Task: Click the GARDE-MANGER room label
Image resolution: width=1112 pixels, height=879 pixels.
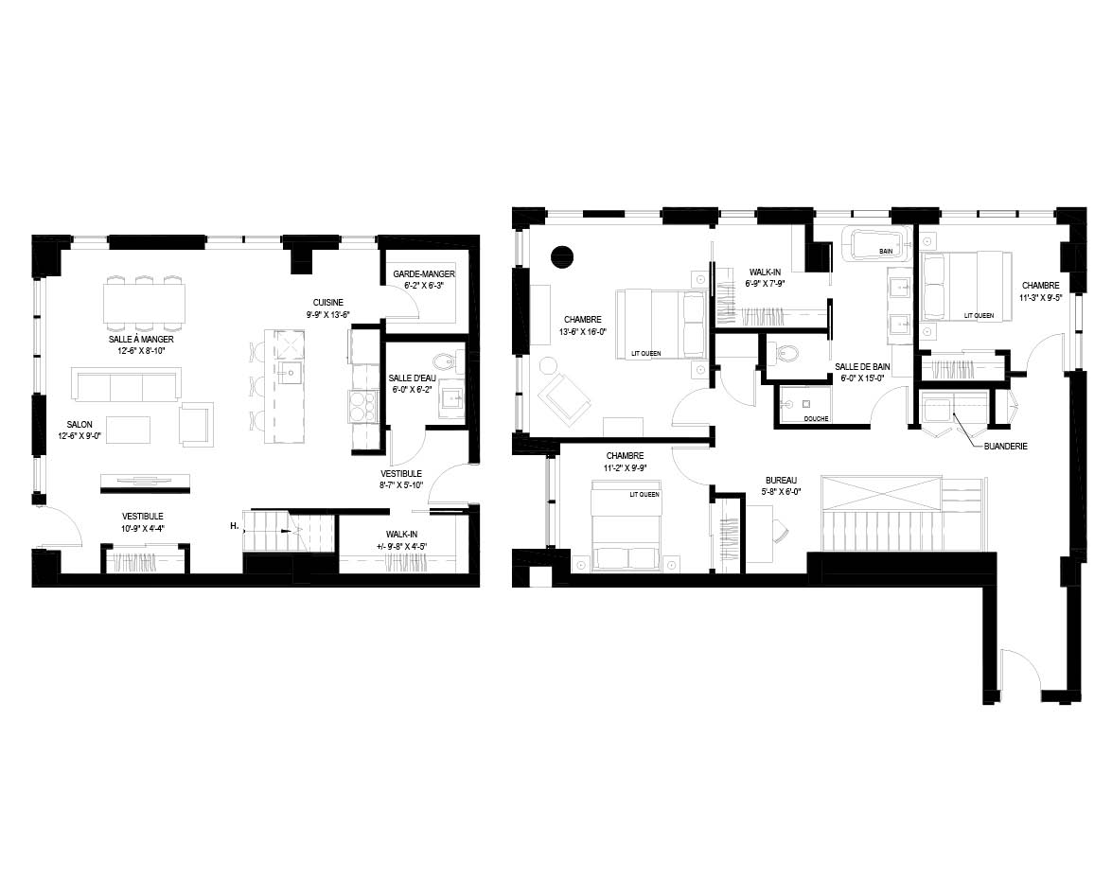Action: click(x=424, y=274)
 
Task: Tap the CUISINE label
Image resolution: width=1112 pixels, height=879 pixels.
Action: click(x=328, y=303)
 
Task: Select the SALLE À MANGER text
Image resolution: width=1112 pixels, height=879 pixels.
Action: click(x=141, y=340)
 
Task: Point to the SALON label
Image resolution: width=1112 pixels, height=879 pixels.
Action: click(x=79, y=425)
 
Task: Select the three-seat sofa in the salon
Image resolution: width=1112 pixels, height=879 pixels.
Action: click(x=126, y=385)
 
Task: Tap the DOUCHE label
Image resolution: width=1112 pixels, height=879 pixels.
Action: click(x=817, y=419)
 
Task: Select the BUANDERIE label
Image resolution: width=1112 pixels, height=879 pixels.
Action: click(x=1006, y=447)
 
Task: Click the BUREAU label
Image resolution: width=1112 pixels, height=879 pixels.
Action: click(x=781, y=481)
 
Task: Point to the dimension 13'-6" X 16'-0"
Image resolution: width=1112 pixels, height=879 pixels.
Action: click(x=583, y=331)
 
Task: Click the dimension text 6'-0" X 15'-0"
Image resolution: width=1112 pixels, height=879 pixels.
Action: click(x=861, y=378)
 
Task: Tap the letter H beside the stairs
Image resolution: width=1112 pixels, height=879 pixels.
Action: click(x=234, y=526)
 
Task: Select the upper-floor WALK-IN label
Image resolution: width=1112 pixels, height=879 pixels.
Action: click(x=766, y=272)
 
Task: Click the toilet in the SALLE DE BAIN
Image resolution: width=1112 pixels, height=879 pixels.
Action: click(x=785, y=352)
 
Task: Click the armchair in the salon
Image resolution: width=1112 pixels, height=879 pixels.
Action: click(x=197, y=424)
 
